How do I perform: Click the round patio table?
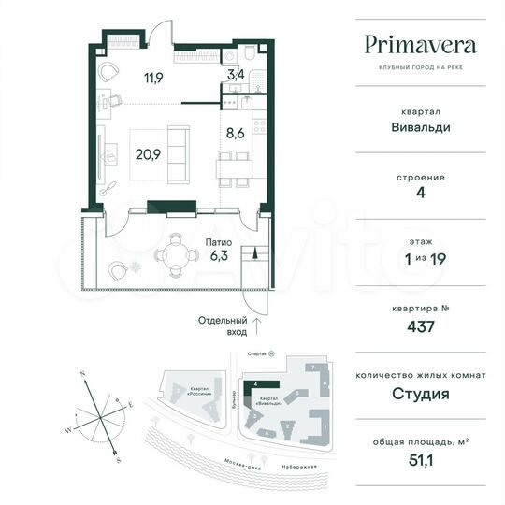(171, 251)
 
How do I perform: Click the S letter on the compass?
(117, 460)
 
